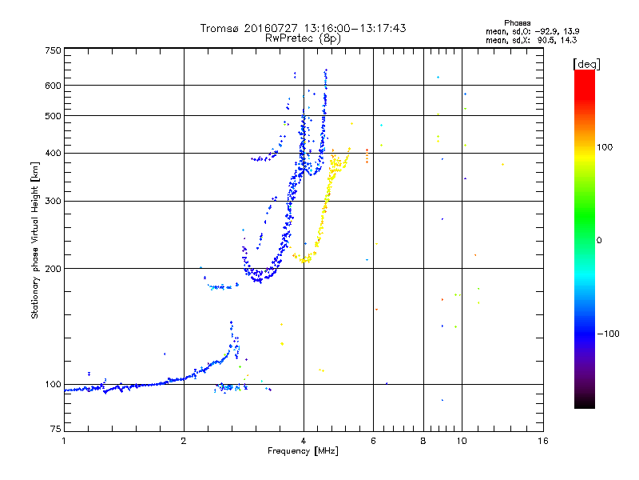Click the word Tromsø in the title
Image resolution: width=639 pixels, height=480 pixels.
click(x=220, y=28)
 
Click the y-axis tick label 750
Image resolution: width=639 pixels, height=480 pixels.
click(x=53, y=50)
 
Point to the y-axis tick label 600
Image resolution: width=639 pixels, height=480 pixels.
click(x=53, y=86)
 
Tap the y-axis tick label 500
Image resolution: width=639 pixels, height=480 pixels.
click(x=53, y=116)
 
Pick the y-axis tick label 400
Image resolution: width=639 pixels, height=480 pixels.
click(x=53, y=153)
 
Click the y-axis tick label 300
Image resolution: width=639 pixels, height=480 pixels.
click(x=53, y=201)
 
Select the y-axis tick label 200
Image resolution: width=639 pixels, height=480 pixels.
click(x=53, y=268)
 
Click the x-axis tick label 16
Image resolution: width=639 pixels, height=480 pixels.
click(x=542, y=441)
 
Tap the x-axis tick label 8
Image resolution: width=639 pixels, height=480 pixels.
click(x=423, y=441)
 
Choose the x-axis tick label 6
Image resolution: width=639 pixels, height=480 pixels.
click(x=373, y=441)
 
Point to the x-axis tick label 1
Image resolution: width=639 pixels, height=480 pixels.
click(x=64, y=441)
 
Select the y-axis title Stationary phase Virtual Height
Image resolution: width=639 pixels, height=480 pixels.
click(x=35, y=240)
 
